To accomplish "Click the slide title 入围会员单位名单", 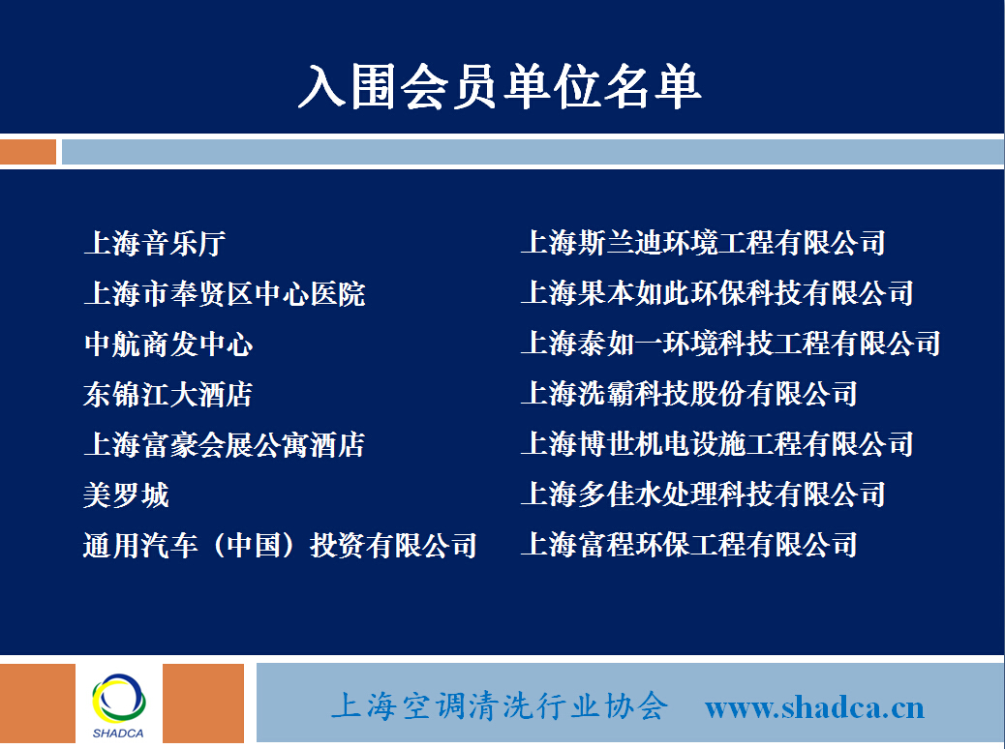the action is [x=500, y=86].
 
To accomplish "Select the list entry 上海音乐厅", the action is [x=155, y=244].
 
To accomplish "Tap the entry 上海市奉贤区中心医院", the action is [x=225, y=294].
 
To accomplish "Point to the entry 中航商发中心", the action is [x=168, y=345].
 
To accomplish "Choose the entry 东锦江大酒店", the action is [x=167, y=394].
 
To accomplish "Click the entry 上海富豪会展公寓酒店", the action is [x=225, y=445].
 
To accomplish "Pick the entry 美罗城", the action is [x=126, y=495].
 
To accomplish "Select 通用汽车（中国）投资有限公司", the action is [x=280, y=545].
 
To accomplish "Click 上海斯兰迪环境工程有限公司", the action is [x=703, y=243].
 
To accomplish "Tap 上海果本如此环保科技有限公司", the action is [x=717, y=293].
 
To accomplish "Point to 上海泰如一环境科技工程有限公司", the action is [x=731, y=344].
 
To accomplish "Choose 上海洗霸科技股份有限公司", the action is [x=689, y=394].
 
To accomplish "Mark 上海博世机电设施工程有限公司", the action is [x=717, y=444].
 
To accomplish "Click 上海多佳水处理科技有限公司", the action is [x=703, y=494].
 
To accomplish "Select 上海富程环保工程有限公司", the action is [x=689, y=545].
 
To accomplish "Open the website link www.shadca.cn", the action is [x=814, y=708].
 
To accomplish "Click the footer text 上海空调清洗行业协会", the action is [x=500, y=706].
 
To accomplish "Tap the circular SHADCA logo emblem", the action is [x=118, y=699].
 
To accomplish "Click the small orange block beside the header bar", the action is [x=27, y=152].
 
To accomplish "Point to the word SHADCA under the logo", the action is [x=118, y=733].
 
